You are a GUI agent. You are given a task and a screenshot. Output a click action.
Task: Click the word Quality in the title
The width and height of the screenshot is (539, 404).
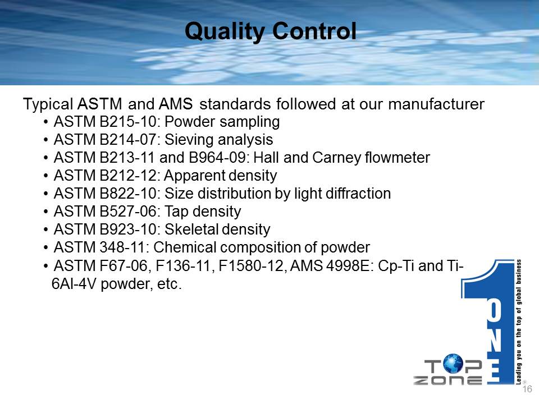[x=225, y=31]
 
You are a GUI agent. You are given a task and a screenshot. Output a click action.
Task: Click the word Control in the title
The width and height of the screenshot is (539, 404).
[x=314, y=31]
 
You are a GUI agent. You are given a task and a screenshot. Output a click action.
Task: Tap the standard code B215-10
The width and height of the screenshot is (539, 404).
[x=128, y=122]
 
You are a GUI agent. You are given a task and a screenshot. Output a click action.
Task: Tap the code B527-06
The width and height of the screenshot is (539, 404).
[x=128, y=212]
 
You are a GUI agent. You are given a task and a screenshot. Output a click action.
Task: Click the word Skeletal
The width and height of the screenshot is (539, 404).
[x=191, y=229]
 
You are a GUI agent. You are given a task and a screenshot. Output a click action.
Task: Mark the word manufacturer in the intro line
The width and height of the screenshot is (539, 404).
[x=436, y=104]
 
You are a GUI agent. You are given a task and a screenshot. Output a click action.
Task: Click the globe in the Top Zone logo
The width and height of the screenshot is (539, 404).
[x=453, y=364]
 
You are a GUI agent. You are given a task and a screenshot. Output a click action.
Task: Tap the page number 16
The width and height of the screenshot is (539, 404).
[x=527, y=389]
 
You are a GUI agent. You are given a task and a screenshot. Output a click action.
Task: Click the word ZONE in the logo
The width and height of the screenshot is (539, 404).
[x=447, y=380]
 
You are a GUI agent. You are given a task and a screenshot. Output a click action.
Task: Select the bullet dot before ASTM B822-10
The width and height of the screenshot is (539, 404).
[x=45, y=194]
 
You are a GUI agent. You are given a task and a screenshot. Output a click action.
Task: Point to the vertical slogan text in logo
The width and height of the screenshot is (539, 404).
[x=518, y=322]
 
